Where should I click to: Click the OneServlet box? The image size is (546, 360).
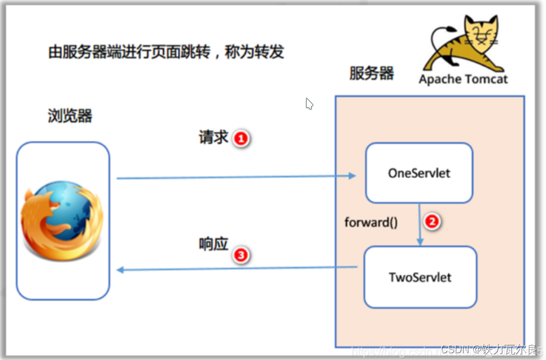pos(418,173)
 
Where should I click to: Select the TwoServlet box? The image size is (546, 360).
pos(420,277)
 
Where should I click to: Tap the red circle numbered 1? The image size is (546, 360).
pos(241,138)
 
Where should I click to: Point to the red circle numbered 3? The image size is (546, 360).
pos(241,255)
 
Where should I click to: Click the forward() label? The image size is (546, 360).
pos(371,222)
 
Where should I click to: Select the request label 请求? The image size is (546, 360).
pos(213,137)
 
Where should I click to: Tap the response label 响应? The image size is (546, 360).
pos(213,244)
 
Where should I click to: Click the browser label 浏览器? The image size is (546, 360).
pos(70,116)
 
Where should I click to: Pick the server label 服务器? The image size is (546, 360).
pos(372,73)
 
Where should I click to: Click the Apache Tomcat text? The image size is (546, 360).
pos(463,79)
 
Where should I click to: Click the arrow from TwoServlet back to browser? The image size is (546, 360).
pos(237,269)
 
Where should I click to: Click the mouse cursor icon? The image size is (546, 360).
pos(309,104)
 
